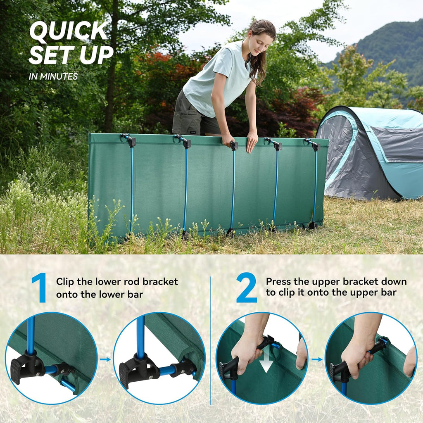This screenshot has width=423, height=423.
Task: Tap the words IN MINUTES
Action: (53, 76)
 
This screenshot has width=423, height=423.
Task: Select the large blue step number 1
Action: (40, 288)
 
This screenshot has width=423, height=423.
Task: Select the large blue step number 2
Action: (246, 288)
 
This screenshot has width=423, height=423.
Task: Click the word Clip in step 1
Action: (65, 282)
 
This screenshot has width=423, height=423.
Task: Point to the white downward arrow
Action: (266, 361)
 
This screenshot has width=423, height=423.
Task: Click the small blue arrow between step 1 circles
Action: (105, 359)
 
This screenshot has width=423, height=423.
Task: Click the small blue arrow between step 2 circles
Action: (317, 359)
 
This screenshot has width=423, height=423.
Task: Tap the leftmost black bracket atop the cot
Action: (129, 140)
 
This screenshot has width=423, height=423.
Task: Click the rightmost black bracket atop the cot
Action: (313, 144)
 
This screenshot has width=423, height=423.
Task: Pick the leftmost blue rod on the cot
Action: (132, 189)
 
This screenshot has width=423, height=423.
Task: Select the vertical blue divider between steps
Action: (210, 340)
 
